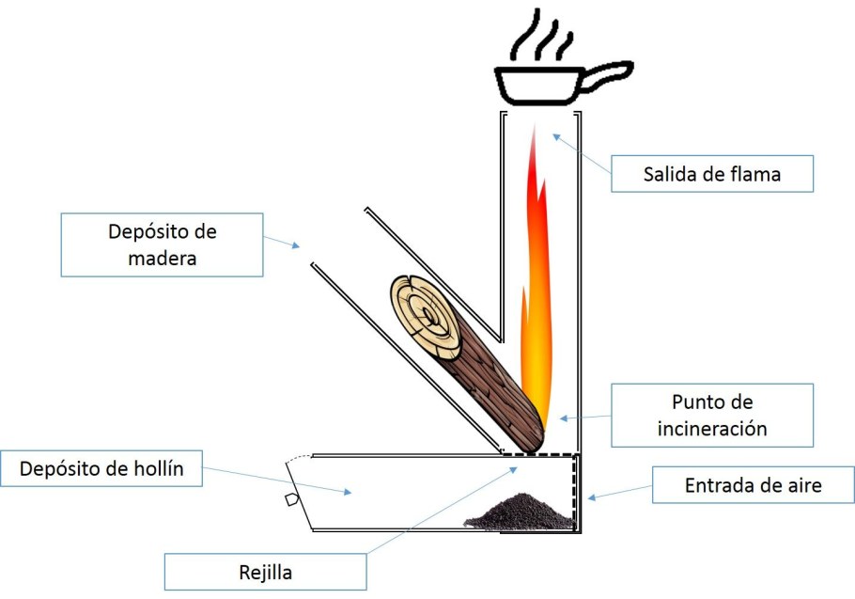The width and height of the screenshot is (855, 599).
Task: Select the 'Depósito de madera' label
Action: click(x=162, y=244)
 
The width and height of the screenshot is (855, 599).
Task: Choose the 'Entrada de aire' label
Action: click(x=753, y=486)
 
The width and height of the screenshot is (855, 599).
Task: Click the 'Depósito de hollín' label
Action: click(x=101, y=467)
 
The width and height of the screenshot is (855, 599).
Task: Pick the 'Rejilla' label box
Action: click(x=264, y=571)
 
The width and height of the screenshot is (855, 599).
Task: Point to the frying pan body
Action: click(x=536, y=86)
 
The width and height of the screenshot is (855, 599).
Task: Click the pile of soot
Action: click(x=521, y=512)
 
